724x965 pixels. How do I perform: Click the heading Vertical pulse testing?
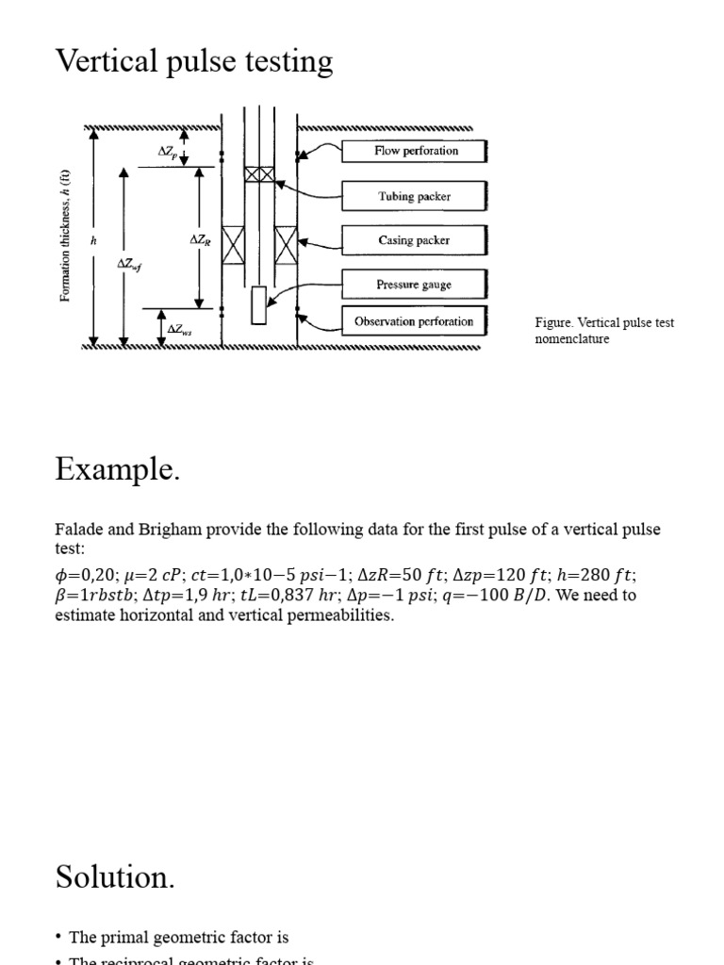(194, 62)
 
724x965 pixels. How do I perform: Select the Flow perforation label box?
(415, 151)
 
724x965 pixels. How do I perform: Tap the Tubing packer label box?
(415, 196)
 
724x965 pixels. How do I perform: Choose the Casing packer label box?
(415, 240)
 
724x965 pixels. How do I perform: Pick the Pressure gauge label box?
(415, 285)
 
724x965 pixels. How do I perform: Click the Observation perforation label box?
(415, 321)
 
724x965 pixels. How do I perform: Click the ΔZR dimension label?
(201, 241)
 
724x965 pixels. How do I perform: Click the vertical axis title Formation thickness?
(65, 236)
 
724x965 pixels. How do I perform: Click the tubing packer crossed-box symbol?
(259, 175)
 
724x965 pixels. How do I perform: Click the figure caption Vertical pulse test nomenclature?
(604, 331)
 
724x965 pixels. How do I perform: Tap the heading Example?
(117, 468)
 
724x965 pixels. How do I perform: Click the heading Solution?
(114, 876)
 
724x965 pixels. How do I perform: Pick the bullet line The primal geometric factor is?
(178, 937)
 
